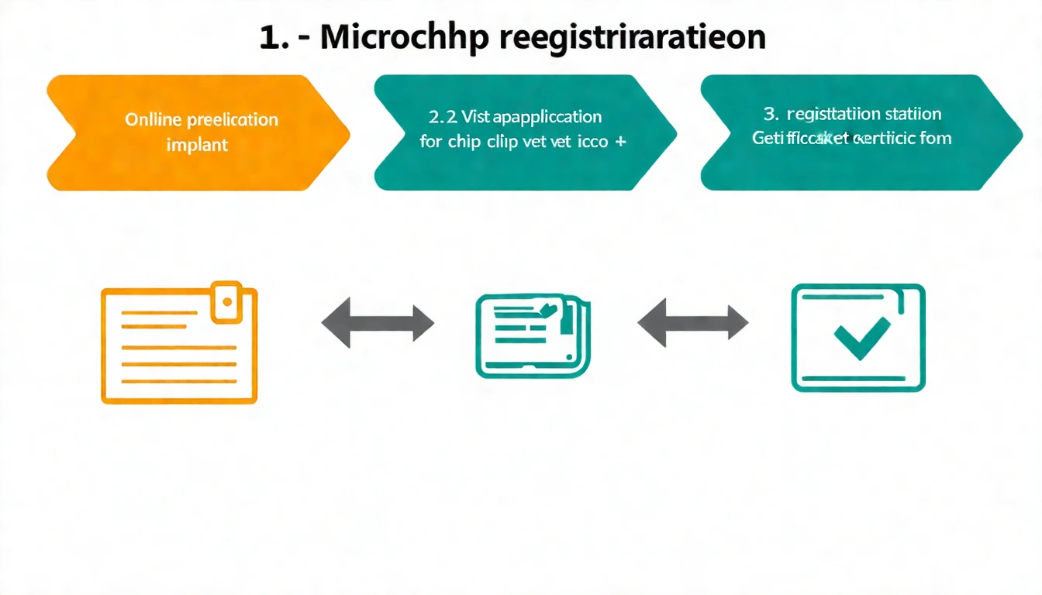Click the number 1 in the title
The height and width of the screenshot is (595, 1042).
269,39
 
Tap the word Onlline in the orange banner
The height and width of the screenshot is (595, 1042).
153,120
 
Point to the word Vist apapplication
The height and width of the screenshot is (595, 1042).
531,117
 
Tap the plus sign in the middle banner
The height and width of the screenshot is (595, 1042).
621,142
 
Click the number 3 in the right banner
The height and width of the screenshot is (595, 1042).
770,115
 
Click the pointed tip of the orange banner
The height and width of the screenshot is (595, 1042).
347,132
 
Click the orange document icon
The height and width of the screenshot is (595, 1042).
179,346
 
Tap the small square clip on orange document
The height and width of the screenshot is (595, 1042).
227,301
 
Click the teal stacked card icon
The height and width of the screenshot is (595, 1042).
532,335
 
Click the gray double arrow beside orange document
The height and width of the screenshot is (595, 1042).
378,323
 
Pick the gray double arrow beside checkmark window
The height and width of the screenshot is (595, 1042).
692,322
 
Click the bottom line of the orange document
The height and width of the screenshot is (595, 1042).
179,381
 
